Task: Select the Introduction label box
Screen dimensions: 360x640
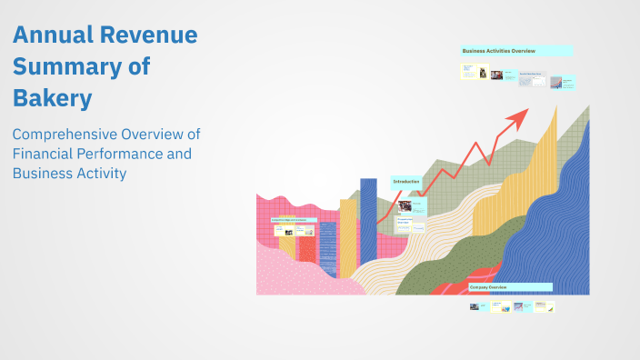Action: click(406, 182)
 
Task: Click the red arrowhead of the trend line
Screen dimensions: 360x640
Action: click(519, 116)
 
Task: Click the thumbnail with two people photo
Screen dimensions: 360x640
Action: click(496, 75)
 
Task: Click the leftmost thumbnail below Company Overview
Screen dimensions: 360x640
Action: click(475, 306)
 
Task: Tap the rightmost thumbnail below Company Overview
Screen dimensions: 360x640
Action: click(549, 307)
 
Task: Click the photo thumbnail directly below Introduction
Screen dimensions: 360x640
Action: click(404, 206)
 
